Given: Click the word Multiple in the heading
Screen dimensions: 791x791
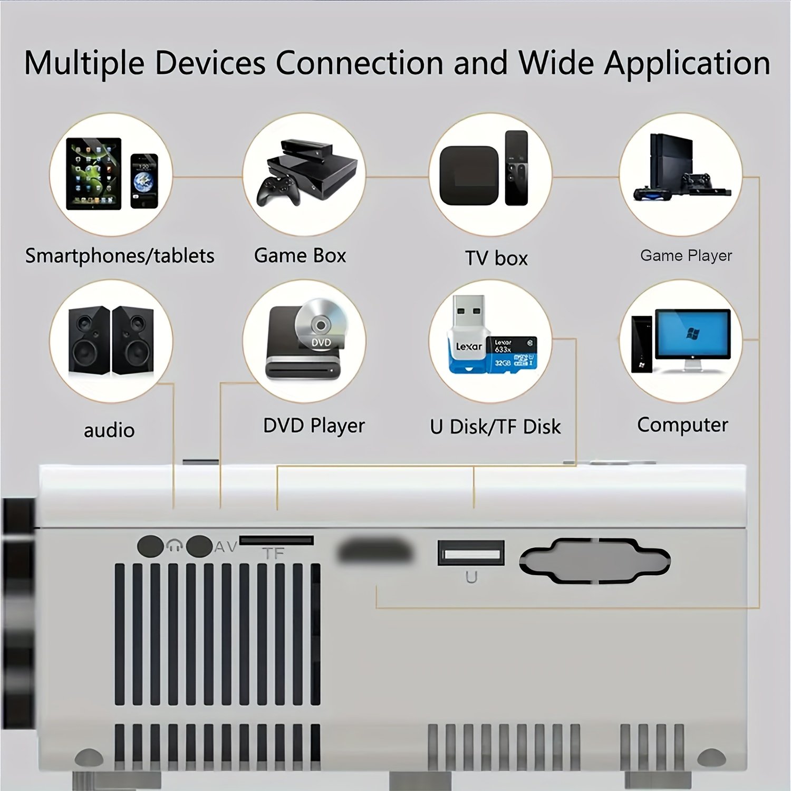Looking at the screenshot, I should (84, 63).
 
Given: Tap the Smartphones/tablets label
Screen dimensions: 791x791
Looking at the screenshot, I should (120, 256).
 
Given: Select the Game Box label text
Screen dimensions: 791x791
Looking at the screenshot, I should (300, 256).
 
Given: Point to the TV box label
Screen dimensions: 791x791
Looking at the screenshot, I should (496, 258).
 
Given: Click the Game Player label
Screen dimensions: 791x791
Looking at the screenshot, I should (686, 256).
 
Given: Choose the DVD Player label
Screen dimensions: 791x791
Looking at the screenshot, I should (314, 426).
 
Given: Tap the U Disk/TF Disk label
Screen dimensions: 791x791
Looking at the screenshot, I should (495, 427).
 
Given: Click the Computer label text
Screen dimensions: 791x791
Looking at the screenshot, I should (682, 425).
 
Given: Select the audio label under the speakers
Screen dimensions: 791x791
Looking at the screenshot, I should (109, 430).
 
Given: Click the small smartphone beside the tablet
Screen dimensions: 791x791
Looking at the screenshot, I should (144, 181).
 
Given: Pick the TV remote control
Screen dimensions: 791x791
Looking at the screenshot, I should (516, 168).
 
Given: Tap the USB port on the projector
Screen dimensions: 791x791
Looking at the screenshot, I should (471, 554).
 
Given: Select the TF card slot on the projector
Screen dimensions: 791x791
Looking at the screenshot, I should (276, 541).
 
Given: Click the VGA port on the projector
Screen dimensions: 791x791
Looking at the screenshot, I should (595, 561).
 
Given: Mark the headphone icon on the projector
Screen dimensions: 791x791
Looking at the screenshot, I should (174, 546).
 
